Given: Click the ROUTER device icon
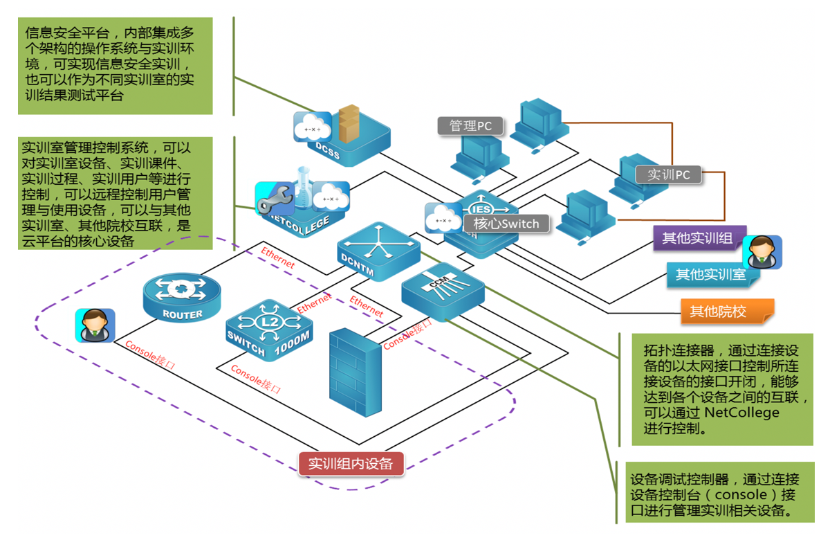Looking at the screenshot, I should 182,296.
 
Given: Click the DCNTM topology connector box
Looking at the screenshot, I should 378,251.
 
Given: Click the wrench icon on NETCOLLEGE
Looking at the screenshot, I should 270,201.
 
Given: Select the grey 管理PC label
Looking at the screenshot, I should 470,125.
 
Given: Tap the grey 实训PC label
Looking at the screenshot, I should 668,174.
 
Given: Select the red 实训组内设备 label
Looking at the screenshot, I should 351,463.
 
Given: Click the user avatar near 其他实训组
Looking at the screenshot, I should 762,251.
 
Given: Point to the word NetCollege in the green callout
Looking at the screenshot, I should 743,413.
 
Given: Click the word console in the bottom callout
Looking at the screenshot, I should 741,495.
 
